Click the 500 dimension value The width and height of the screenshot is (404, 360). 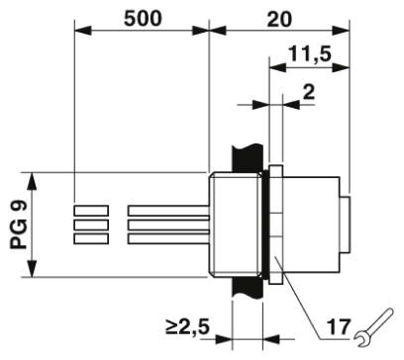coord(143,19)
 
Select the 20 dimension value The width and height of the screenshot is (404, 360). coord(279,19)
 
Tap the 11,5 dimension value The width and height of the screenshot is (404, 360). coord(310,53)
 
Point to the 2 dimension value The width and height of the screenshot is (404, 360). coord(309,92)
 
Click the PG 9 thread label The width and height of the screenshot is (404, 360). coord(20,225)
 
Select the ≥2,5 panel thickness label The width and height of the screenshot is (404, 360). coord(188,326)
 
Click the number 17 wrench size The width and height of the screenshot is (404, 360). coord(339,327)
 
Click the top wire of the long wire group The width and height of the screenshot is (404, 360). coord(168,211)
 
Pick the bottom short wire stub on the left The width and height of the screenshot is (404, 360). coord(91,238)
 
